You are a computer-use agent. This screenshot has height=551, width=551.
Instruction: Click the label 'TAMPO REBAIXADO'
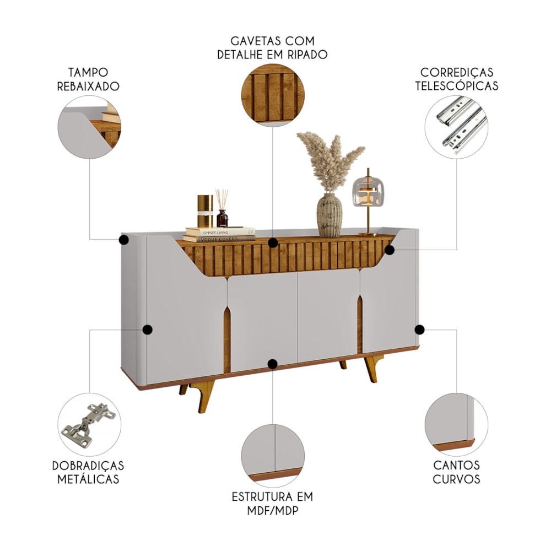(88, 79)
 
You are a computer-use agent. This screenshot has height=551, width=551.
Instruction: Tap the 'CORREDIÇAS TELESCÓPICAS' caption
(456, 79)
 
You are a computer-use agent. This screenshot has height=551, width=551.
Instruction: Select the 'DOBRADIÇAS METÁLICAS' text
(88, 472)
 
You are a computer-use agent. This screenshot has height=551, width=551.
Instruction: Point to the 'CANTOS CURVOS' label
(456, 472)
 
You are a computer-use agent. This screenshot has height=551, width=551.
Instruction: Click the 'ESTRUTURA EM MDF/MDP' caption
(273, 504)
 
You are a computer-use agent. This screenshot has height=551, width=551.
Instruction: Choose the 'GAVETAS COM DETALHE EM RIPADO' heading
(273, 48)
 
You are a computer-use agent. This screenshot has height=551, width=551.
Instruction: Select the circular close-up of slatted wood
(273, 95)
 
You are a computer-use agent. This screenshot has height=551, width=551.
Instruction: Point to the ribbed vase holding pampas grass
(329, 215)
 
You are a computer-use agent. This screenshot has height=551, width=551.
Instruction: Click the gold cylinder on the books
(205, 211)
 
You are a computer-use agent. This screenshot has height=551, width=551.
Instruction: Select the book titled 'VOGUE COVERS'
(219, 239)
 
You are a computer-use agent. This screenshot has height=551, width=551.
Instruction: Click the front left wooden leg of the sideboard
(204, 396)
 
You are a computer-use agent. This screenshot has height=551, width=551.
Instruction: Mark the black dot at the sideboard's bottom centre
(272, 364)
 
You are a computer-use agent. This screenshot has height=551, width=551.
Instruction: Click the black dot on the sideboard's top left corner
(123, 240)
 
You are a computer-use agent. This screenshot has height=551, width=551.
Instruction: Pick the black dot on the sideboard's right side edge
(419, 329)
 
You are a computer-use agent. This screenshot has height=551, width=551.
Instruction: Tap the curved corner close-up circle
(456, 424)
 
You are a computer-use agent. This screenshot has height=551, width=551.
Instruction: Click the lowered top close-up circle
(89, 127)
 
